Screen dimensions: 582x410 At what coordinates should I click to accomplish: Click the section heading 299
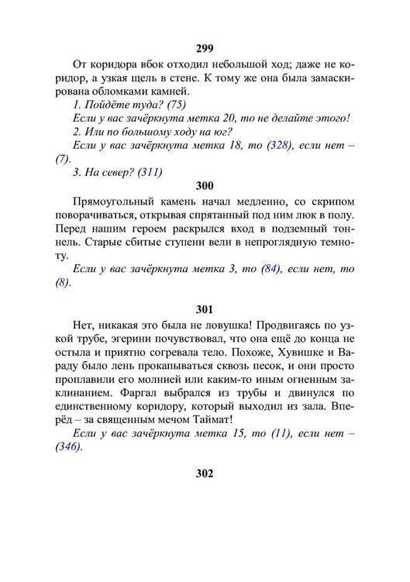pyautogui.click(x=205, y=46)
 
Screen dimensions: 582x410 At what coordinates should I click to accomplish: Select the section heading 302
pyautogui.click(x=205, y=474)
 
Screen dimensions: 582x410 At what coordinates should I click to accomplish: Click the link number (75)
pyautogui.click(x=177, y=104)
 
